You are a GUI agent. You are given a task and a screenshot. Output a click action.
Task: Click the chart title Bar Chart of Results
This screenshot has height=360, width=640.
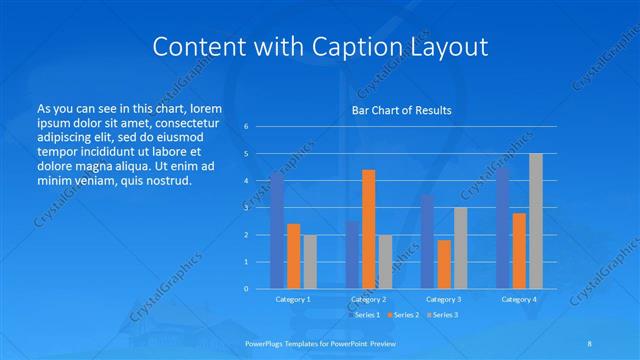(401, 110)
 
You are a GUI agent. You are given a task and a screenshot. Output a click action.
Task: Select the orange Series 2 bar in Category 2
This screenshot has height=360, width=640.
(369, 229)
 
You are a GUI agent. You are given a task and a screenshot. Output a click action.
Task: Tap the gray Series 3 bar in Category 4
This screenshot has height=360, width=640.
(536, 221)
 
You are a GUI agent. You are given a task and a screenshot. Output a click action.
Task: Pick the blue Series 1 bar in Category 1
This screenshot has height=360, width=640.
(277, 230)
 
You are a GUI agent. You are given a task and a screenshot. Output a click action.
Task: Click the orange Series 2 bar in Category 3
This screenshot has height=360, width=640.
(444, 264)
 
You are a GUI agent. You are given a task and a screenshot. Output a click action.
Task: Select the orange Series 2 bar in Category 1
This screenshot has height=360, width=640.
(293, 256)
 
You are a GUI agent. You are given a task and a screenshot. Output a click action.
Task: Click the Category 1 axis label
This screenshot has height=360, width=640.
(293, 299)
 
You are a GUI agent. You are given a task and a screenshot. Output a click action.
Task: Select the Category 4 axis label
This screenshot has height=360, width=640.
(519, 299)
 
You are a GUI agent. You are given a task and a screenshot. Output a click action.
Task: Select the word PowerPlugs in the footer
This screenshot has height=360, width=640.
(266, 342)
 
